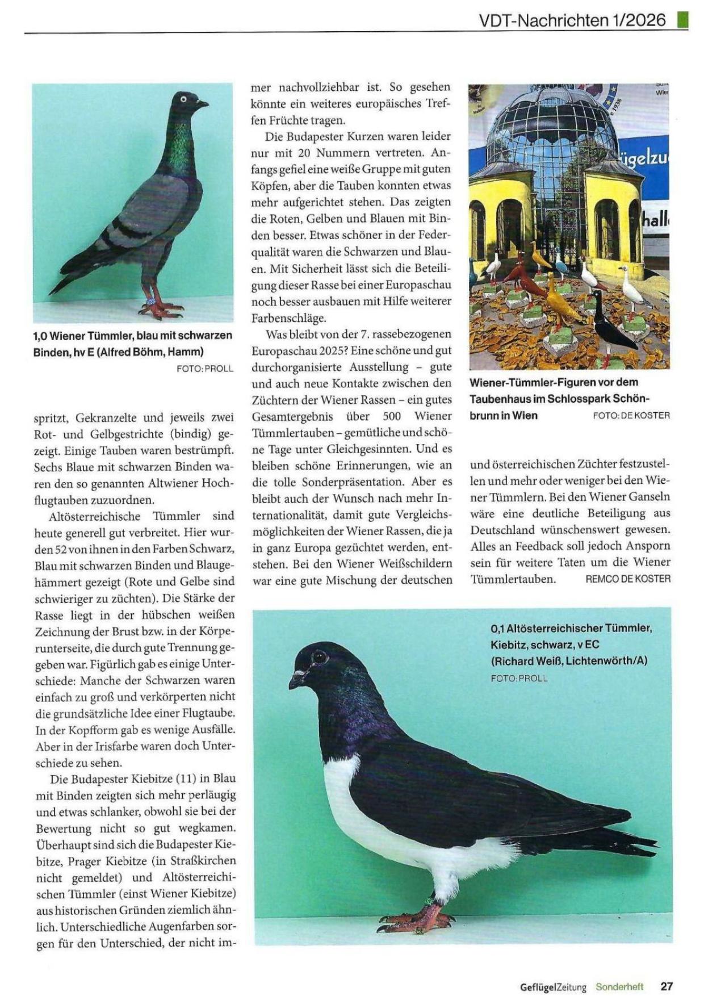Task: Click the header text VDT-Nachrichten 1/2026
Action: click(572, 20)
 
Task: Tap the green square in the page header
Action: click(682, 20)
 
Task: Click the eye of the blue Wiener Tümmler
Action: click(183, 99)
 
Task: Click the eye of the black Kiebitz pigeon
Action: click(319, 658)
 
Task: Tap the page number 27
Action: click(667, 986)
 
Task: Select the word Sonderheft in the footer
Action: click(619, 986)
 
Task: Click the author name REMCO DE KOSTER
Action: click(628, 579)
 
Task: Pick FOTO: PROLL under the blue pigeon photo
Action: click(205, 369)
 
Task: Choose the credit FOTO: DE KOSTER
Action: click(631, 416)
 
